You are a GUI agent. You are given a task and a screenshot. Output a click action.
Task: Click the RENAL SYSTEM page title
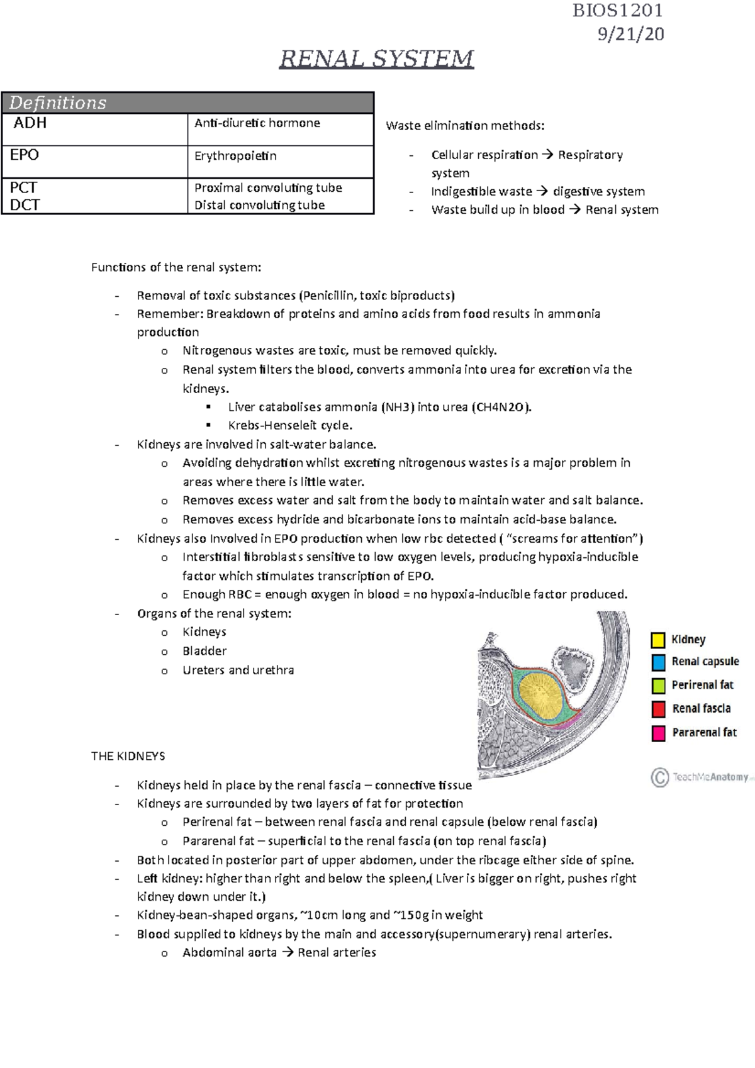(x=376, y=58)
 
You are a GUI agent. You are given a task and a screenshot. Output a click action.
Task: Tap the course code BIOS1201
(x=617, y=11)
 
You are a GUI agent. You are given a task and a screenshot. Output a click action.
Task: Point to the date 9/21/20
(x=630, y=34)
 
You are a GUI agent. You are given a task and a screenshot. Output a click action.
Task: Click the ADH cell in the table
(x=30, y=123)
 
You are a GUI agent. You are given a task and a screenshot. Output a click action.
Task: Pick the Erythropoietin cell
(x=235, y=156)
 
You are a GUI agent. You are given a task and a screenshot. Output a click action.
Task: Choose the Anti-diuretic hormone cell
(x=257, y=123)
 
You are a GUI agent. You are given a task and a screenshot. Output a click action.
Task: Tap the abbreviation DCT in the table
(x=25, y=205)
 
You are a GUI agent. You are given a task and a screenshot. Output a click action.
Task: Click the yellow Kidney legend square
(x=658, y=640)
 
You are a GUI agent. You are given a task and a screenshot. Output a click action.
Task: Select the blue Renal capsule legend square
(x=658, y=662)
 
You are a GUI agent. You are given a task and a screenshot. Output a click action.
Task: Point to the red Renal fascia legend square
(x=658, y=709)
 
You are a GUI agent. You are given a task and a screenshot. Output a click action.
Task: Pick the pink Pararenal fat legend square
(x=658, y=733)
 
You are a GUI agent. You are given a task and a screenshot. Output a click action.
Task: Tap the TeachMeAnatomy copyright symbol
(x=659, y=777)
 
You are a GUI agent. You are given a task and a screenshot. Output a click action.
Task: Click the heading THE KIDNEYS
(x=128, y=756)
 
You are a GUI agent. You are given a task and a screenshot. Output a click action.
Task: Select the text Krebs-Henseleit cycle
(x=290, y=426)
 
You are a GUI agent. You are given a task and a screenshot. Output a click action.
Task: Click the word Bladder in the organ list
(x=204, y=651)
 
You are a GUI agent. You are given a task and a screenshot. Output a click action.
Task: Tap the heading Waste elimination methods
(x=465, y=126)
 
